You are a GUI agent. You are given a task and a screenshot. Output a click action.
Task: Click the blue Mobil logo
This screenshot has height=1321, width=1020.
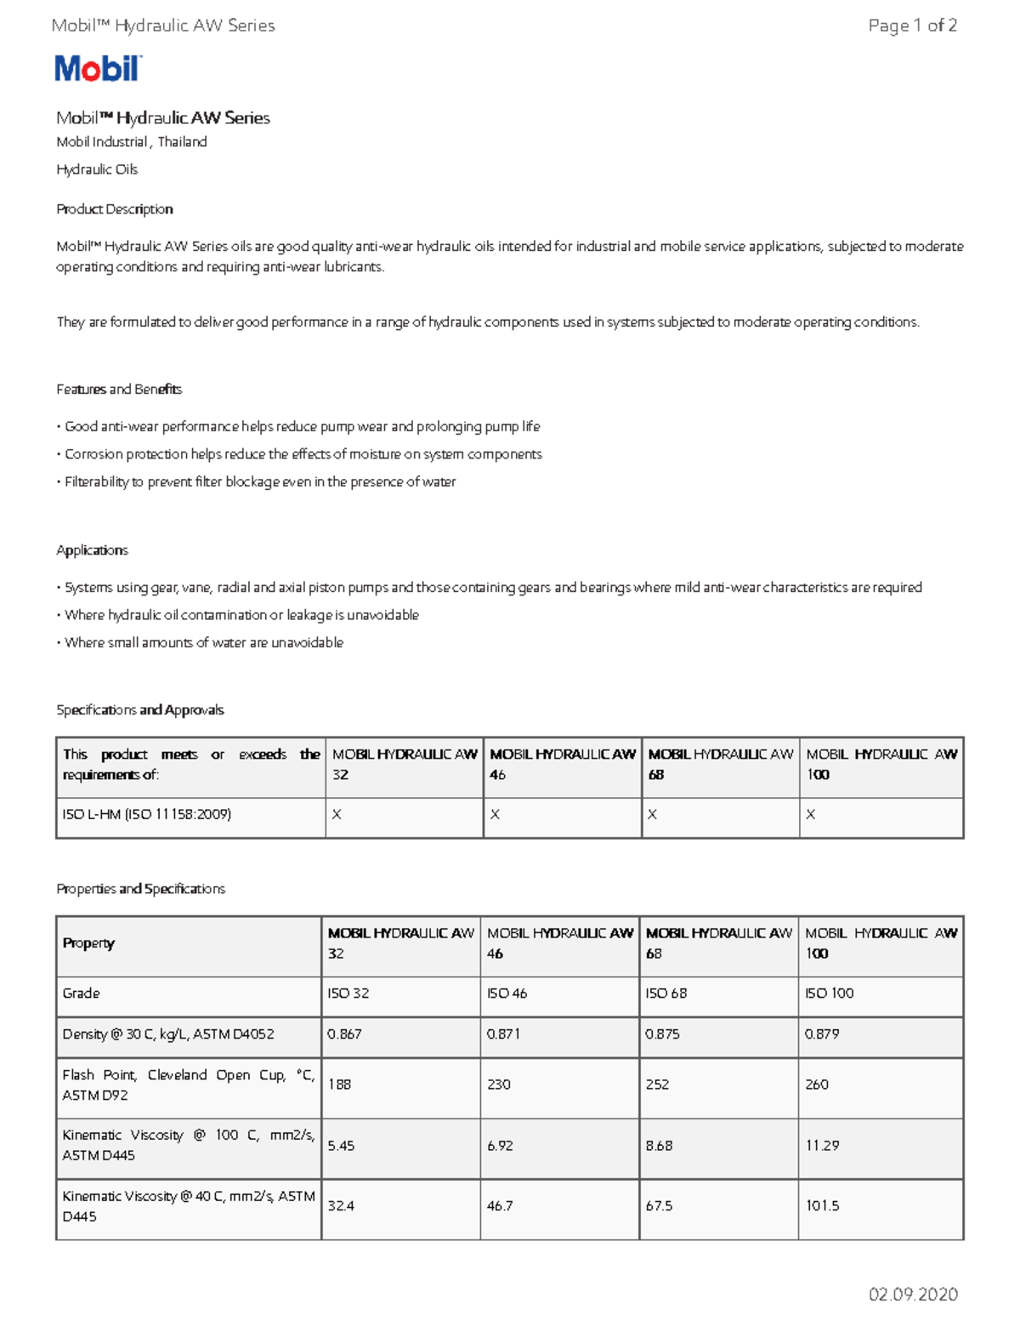click(x=98, y=68)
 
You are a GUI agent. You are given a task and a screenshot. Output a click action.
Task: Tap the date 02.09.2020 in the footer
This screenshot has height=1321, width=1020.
click(x=912, y=1294)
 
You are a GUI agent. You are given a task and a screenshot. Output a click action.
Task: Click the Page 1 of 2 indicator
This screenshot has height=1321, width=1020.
click(x=912, y=26)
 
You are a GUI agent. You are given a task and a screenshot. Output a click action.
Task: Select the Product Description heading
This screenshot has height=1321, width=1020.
click(x=114, y=209)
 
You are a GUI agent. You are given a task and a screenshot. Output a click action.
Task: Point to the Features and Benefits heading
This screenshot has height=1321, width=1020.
click(x=119, y=390)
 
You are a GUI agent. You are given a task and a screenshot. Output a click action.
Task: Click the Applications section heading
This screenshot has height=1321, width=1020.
click(x=92, y=550)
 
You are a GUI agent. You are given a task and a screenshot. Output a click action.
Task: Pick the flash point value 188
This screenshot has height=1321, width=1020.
click(x=339, y=1085)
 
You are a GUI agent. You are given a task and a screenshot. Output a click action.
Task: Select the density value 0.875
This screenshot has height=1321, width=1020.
click(x=662, y=1034)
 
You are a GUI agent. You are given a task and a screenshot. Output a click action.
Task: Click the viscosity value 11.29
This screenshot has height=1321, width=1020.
click(x=822, y=1146)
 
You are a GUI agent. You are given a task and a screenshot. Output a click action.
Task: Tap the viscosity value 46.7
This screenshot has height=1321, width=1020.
click(x=500, y=1206)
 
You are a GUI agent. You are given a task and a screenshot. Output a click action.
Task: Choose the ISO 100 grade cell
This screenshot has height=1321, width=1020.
click(x=829, y=994)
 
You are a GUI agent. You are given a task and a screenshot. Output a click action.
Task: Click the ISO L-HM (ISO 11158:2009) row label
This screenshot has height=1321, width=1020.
click(x=146, y=815)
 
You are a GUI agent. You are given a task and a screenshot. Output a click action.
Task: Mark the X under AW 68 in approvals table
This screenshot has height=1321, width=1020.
click(x=652, y=815)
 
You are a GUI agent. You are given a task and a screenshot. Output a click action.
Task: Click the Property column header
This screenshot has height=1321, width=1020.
click(x=88, y=943)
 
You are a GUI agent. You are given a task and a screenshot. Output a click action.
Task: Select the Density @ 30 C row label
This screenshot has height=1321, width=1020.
click(x=167, y=1034)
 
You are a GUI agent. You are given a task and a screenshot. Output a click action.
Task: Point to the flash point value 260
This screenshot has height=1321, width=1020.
click(x=817, y=1085)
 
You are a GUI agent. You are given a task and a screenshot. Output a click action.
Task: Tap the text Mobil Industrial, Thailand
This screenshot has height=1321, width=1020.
click(x=131, y=142)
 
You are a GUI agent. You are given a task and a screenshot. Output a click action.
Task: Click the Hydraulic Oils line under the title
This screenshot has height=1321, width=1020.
click(x=97, y=169)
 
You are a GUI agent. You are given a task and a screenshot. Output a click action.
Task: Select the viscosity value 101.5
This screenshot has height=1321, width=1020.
click(x=822, y=1206)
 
